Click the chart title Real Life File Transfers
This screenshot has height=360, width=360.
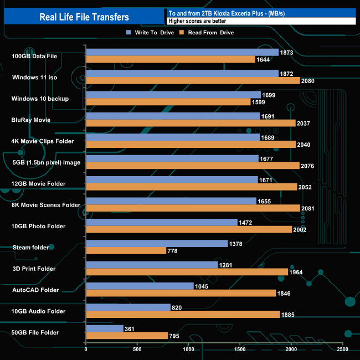pyautogui.click(x=84, y=17)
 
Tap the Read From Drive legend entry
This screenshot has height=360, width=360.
pyautogui.click(x=206, y=33)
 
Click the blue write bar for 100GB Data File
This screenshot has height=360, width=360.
pyautogui.click(x=182, y=53)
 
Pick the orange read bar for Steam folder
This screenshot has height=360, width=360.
pyautogui.click(x=126, y=251)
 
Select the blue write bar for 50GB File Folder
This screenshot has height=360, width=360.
pyautogui.click(x=105, y=328)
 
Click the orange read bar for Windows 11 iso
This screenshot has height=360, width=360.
pyautogui.click(x=193, y=81)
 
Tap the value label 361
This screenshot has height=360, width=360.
pyautogui.click(x=131, y=328)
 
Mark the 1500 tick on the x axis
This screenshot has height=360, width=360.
pyautogui.click(x=240, y=349)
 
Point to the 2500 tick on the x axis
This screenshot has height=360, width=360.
pyautogui.click(x=342, y=349)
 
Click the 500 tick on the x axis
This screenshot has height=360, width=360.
pyautogui.click(x=137, y=349)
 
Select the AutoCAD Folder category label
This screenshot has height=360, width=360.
pyautogui.click(x=35, y=290)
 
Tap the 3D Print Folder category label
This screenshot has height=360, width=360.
pyautogui.click(x=34, y=269)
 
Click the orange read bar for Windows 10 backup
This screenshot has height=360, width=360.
pyautogui.click(x=168, y=102)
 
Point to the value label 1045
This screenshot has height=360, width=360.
pyautogui.click(x=203, y=286)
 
